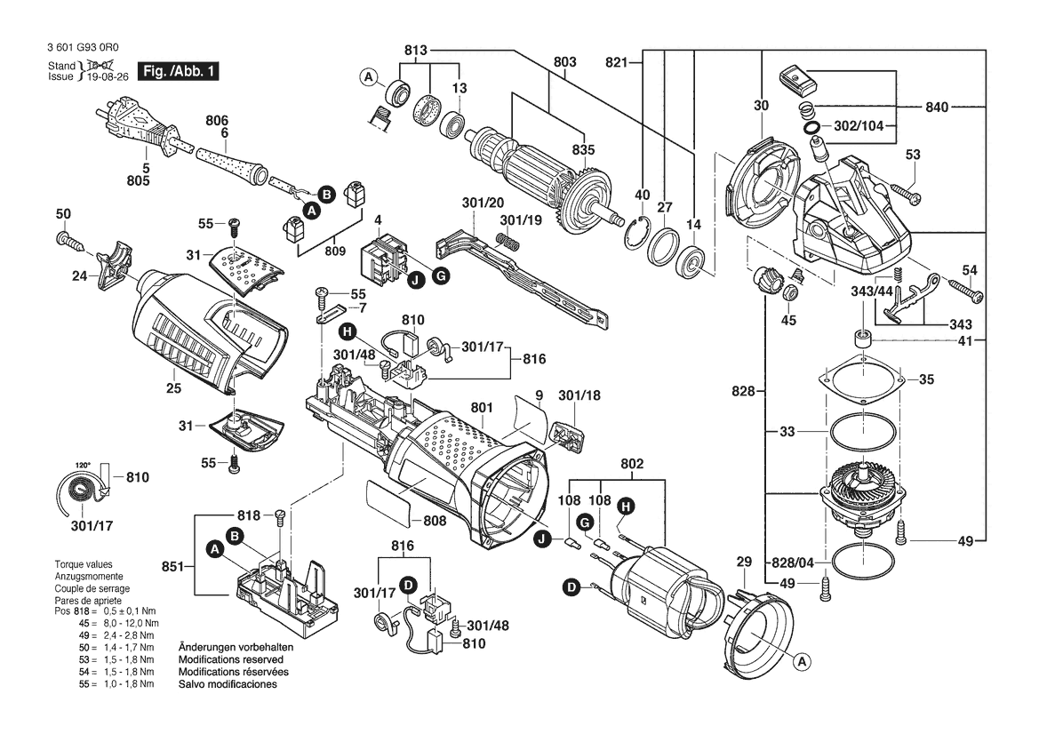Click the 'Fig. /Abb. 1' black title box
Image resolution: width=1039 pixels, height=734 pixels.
(x=178, y=71)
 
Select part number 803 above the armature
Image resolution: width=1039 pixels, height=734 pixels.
(x=564, y=61)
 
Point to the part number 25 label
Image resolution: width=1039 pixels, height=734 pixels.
(x=173, y=388)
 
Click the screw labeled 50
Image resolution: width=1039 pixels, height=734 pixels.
(x=69, y=240)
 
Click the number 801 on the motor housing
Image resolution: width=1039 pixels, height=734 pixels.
(x=482, y=407)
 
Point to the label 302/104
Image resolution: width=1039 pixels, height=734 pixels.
(x=858, y=126)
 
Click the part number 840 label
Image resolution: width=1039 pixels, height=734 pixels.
(x=937, y=107)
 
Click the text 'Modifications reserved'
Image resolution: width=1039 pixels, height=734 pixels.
(x=230, y=660)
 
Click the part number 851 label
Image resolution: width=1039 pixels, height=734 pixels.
(x=173, y=566)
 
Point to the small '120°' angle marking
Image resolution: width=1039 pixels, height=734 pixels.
(x=84, y=465)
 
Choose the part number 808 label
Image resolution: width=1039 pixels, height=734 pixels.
(x=434, y=521)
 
